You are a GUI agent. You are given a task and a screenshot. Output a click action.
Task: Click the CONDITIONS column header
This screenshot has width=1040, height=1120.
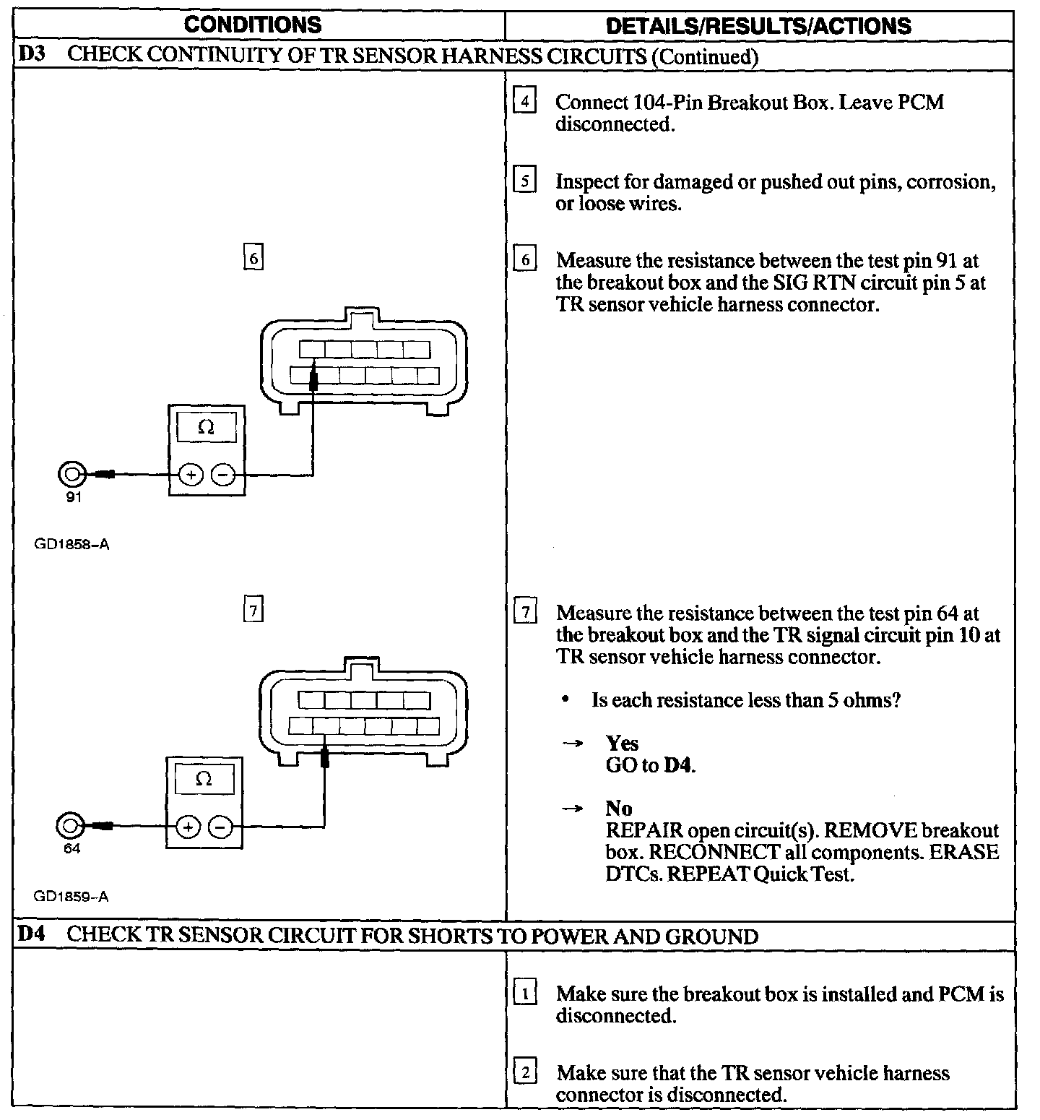252,25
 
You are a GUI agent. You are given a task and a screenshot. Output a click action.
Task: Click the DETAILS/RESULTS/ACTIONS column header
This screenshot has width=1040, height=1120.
758,26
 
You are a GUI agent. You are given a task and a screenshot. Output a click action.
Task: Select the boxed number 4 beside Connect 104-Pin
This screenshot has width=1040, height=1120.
524,101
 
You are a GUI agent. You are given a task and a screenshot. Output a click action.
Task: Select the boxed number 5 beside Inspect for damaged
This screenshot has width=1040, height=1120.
524,181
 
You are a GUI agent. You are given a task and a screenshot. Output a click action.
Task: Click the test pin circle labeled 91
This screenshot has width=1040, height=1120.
71,475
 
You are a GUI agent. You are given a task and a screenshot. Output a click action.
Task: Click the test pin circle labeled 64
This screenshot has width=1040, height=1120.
69,826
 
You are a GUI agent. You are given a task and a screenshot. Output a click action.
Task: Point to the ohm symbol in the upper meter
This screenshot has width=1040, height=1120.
206,428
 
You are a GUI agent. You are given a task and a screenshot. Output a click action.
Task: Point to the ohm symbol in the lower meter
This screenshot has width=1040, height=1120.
204,779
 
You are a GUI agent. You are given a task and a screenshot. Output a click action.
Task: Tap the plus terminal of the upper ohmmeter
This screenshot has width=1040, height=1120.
191,475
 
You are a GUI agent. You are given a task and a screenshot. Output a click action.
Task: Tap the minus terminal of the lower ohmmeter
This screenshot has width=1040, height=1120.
221,827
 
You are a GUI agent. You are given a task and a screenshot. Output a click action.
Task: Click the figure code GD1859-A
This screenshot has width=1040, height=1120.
71,897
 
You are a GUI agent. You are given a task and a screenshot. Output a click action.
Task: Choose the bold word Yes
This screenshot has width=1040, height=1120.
622,744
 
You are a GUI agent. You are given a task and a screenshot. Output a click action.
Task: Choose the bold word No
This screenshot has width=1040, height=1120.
618,808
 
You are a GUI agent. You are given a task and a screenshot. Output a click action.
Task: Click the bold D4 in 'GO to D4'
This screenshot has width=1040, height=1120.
677,765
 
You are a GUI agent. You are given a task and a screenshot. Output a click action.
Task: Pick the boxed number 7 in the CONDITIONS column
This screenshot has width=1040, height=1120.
253,611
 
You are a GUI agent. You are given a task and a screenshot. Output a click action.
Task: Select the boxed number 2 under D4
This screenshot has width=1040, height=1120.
524,1073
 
